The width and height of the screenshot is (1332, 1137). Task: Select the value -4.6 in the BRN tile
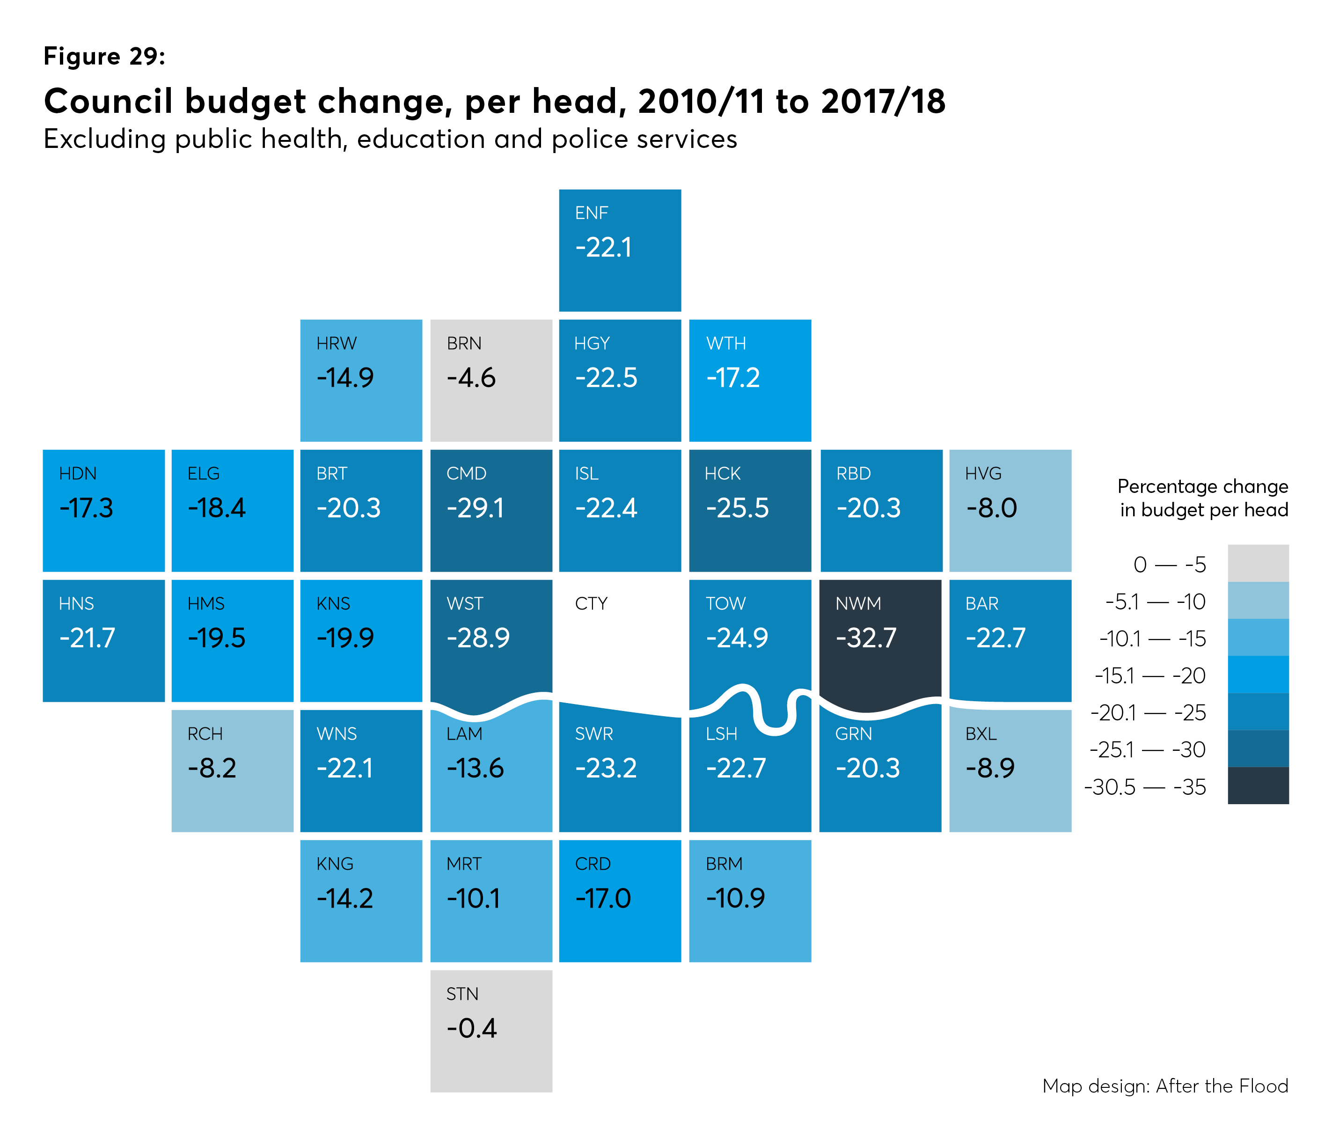[471, 378]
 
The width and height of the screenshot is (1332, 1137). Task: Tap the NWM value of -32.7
[865, 638]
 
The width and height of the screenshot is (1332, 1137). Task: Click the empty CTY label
[591, 603]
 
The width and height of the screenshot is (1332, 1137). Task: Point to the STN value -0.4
[471, 1028]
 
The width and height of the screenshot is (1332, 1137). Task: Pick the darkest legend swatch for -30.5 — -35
[1258, 785]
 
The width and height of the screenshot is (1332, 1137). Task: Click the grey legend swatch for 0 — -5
[1258, 564]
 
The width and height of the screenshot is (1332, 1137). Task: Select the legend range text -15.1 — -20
[1149, 675]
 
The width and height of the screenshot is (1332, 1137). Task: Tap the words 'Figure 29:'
[104, 57]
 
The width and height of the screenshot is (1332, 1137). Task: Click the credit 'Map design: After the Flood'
[1165, 1086]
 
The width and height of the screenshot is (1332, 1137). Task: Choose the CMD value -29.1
[475, 508]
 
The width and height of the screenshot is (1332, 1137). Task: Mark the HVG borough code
[983, 473]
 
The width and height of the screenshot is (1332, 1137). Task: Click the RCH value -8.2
[212, 768]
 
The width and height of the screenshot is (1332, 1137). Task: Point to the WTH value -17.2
[733, 378]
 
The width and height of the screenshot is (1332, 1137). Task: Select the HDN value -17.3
[86, 508]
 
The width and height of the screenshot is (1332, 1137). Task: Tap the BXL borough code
[981, 734]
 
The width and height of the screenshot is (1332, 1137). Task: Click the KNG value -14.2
[344, 898]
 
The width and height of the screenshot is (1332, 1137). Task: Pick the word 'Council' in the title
[108, 102]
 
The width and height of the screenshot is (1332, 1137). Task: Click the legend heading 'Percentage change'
[1202, 486]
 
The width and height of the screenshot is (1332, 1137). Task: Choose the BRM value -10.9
[735, 898]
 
